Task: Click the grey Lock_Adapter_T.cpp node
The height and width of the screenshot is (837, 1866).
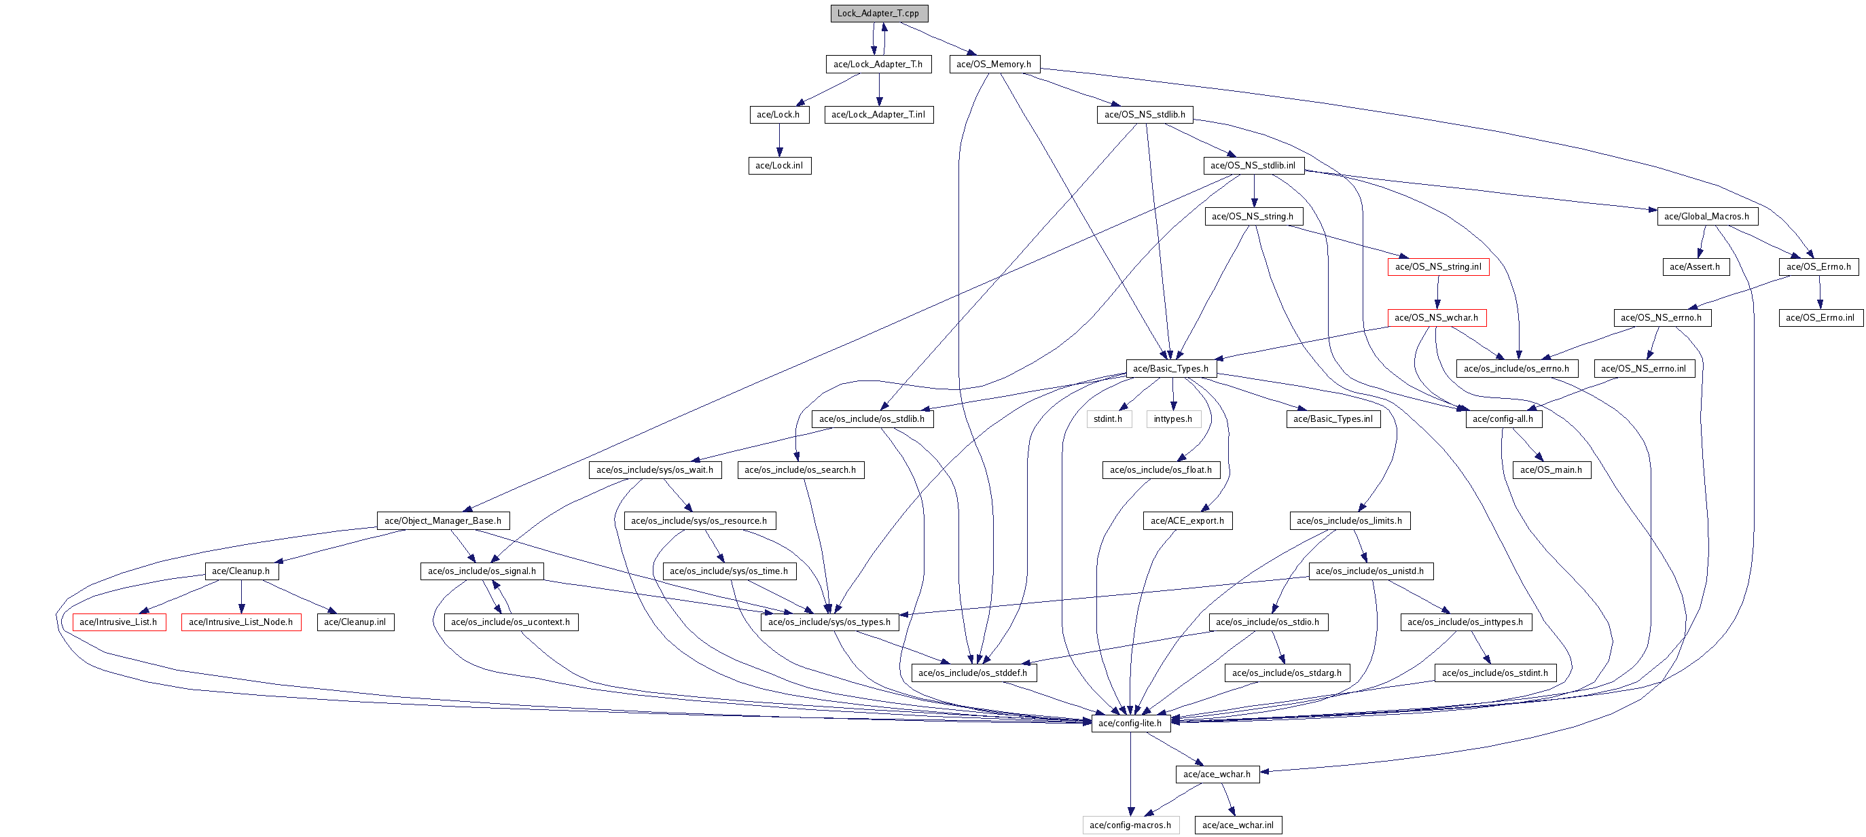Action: click(x=879, y=13)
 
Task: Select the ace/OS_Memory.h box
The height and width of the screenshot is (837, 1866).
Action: click(x=994, y=64)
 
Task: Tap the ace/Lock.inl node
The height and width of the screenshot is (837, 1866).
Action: click(x=778, y=165)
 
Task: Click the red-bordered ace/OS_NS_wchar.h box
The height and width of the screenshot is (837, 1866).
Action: click(x=1437, y=317)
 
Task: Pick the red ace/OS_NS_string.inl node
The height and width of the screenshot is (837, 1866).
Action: click(x=1438, y=267)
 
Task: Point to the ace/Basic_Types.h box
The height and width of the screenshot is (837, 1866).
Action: click(x=1170, y=368)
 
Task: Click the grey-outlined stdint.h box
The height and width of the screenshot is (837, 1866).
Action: click(x=1107, y=419)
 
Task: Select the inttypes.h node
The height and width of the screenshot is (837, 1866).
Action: click(x=1172, y=419)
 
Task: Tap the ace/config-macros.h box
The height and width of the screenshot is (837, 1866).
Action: click(x=1130, y=825)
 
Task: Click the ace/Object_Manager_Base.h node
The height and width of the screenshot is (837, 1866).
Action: click(x=443, y=520)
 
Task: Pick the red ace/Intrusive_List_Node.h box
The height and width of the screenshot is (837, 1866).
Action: click(x=240, y=622)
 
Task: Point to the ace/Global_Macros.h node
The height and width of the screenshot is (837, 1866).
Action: click(x=1706, y=216)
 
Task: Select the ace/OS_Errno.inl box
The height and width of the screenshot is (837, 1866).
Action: click(x=1820, y=317)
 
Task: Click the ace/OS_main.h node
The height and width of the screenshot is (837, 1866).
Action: click(x=1551, y=469)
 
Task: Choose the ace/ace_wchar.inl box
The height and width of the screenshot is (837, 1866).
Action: click(x=1238, y=825)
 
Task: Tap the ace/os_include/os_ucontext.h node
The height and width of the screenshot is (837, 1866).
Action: click(x=511, y=622)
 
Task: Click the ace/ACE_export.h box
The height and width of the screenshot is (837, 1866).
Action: click(x=1187, y=520)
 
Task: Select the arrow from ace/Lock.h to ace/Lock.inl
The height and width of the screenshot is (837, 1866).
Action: click(x=779, y=140)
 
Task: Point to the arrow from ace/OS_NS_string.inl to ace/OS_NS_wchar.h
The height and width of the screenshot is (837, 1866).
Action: click(x=1438, y=292)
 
